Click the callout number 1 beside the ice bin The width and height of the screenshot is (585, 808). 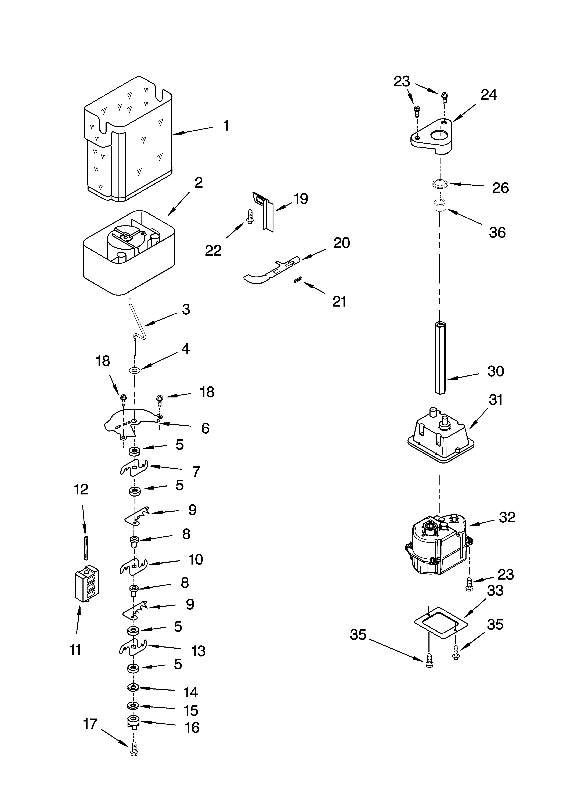click(226, 126)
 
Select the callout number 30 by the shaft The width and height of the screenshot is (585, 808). click(496, 371)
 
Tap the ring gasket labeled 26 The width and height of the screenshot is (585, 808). click(439, 184)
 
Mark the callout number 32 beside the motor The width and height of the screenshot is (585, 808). click(507, 517)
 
